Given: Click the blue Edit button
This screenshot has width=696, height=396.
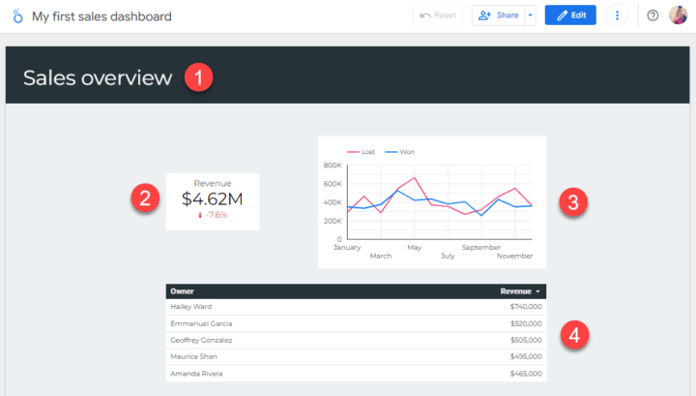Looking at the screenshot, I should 570,15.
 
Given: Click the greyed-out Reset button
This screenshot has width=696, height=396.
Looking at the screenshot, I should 438,15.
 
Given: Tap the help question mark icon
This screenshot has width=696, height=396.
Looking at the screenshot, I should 652,15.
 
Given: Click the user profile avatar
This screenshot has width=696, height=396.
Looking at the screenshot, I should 678,15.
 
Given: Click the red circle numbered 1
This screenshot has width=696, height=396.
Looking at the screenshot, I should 198,78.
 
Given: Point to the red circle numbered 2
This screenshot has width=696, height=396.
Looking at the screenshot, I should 145,200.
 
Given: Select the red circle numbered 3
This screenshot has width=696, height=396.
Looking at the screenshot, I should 573,202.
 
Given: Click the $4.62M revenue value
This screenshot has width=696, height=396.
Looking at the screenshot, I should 212,198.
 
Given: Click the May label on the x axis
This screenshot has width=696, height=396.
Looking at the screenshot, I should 414,247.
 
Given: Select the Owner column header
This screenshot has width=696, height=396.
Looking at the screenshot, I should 182,290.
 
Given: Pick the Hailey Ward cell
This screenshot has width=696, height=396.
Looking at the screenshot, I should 191,307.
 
